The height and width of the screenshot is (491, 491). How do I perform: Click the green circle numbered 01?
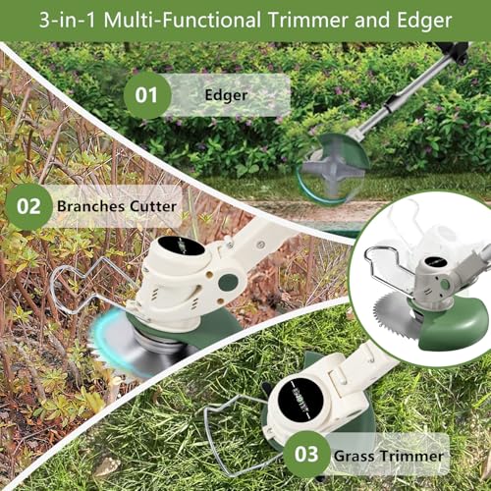coord(146,95)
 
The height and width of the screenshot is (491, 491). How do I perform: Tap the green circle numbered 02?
coord(29,206)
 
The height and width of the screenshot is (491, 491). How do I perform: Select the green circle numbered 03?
coord(307,455)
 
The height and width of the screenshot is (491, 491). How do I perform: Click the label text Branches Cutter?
coord(117,206)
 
